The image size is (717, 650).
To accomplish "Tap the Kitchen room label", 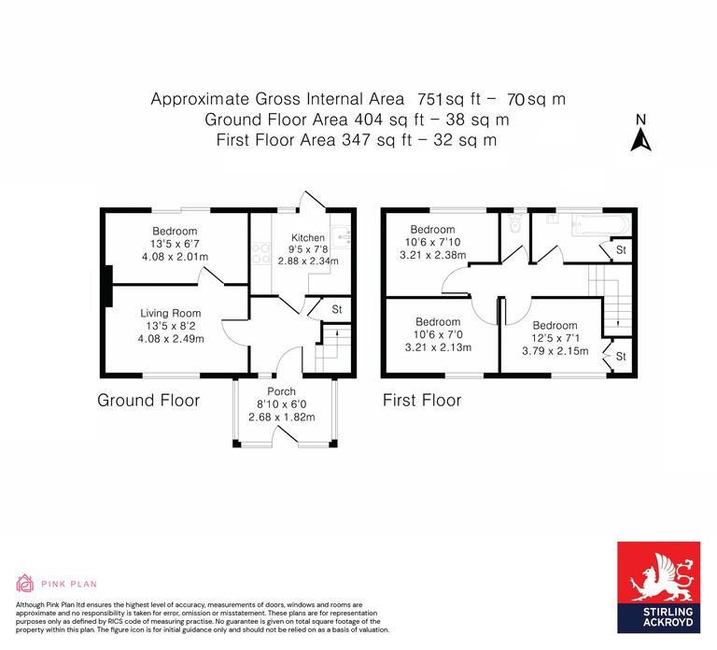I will [x=308, y=237].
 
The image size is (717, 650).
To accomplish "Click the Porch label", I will [x=281, y=391].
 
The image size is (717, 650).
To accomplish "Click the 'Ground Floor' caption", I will [x=148, y=401].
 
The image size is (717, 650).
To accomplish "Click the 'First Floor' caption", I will [x=422, y=401].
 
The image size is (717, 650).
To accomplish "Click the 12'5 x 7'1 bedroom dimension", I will [x=555, y=338].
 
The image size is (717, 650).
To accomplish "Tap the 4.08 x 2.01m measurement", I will [x=175, y=257].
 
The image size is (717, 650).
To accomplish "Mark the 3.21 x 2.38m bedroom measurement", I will [x=432, y=255].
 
